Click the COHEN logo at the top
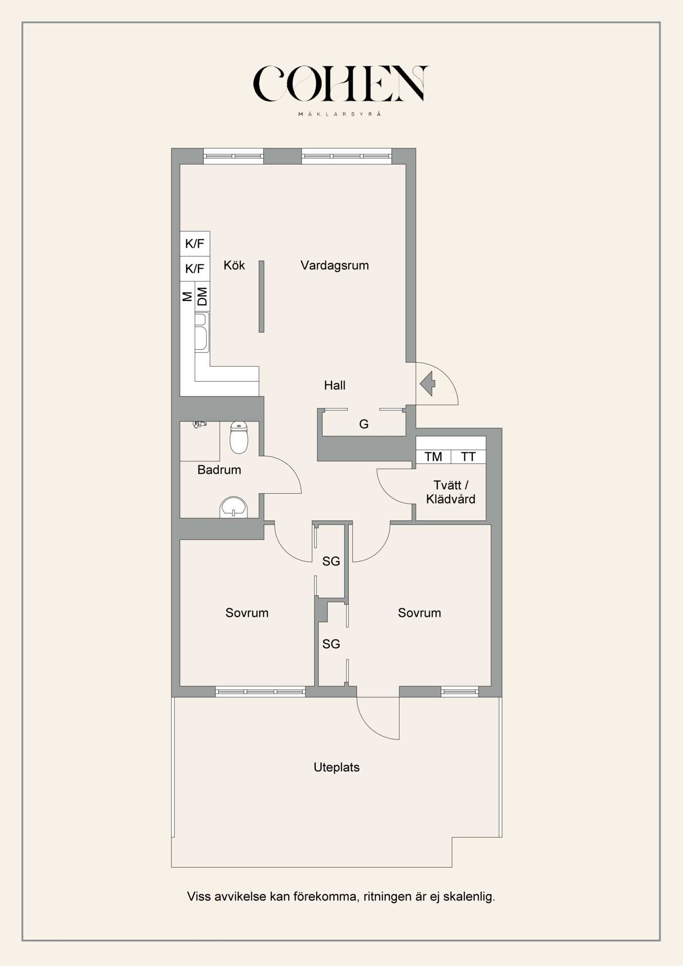(340, 84)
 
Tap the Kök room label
(234, 265)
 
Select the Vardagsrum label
(335, 265)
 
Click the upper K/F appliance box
(195, 243)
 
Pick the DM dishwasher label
(202, 296)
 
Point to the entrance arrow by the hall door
(428, 383)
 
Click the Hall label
(335, 385)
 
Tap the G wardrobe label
(364, 424)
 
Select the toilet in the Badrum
(239, 438)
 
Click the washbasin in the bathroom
(234, 507)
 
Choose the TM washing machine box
(433, 457)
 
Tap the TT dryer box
(468, 457)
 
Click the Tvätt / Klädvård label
(451, 492)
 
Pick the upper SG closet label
(331, 562)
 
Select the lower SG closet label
(331, 644)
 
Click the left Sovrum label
(247, 613)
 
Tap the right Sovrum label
(420, 613)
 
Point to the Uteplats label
(337, 767)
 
